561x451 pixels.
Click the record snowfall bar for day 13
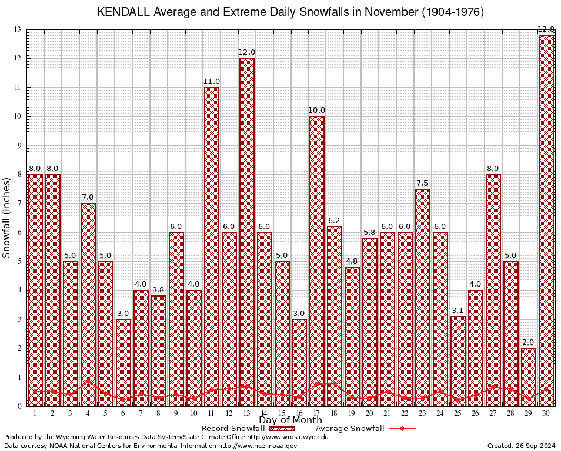(246, 232)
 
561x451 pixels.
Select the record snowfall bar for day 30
(546, 220)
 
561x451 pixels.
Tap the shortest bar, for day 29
(529, 376)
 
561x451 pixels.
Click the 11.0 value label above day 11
(212, 82)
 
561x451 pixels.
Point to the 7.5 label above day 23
(423, 183)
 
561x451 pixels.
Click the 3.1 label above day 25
(458, 311)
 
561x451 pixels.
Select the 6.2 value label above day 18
(335, 221)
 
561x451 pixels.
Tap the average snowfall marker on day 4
(88, 381)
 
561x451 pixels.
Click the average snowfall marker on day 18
(335, 383)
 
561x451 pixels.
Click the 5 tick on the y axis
(19, 261)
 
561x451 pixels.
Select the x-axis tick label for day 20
(370, 413)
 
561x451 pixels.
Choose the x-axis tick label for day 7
(141, 413)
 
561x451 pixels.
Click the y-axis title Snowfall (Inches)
(7, 217)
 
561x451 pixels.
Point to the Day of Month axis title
(290, 420)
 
